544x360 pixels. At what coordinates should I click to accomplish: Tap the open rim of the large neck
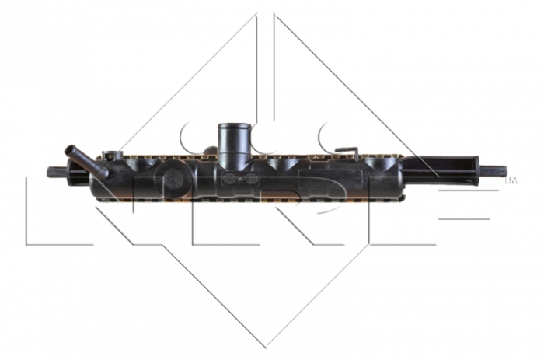point(233,125)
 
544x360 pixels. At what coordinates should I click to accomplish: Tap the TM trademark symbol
point(511,180)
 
